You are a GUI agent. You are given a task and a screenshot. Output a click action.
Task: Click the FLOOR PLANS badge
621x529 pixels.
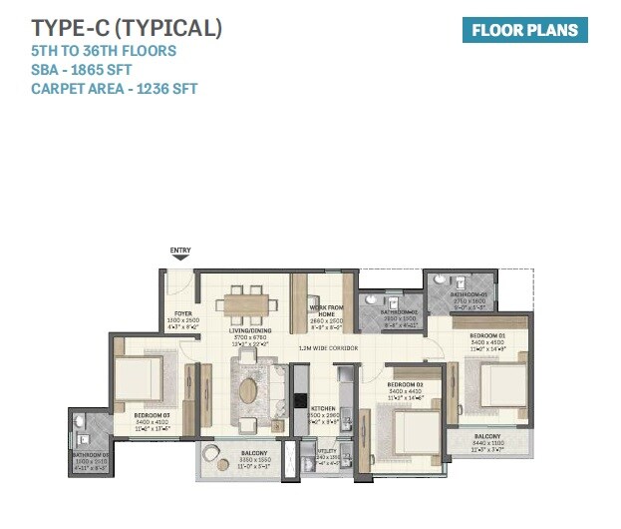(524, 30)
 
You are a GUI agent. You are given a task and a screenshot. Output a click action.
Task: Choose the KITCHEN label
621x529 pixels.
(322, 409)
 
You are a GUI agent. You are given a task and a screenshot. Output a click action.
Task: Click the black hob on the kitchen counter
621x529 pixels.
(300, 400)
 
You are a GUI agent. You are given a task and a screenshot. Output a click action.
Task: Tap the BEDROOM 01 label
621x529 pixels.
(488, 336)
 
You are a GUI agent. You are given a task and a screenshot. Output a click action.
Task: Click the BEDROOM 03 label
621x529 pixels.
(153, 413)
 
